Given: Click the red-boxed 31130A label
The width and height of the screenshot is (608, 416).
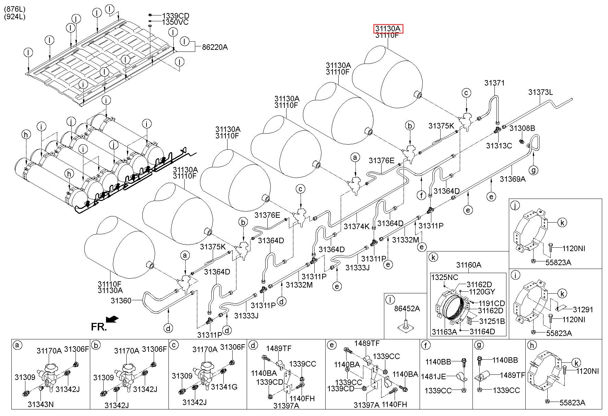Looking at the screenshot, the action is (388, 29).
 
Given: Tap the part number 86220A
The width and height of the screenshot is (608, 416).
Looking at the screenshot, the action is (215, 47).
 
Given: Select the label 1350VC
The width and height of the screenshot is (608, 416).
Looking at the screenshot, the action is (176, 22).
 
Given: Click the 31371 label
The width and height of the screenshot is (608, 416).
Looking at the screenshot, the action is (494, 83).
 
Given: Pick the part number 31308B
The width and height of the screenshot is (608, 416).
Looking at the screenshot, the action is (522, 128).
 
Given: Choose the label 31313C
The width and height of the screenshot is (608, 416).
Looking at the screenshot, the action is (499, 146).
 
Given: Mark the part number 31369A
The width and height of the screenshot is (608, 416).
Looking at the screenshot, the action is (513, 179).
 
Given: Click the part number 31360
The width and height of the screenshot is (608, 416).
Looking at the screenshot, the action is (121, 301).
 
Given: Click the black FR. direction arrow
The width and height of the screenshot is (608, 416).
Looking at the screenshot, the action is (112, 319).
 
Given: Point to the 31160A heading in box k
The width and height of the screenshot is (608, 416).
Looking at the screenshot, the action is (469, 265).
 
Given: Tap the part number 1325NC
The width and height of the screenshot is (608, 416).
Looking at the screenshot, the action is (445, 277).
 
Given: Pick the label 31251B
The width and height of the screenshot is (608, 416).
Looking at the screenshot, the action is (492, 321).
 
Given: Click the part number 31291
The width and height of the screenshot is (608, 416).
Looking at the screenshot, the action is (583, 310).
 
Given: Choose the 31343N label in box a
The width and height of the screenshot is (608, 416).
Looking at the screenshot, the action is (41, 404).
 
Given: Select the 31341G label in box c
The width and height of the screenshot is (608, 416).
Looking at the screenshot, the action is (224, 387).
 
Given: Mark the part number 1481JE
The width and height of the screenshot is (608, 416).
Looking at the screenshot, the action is (434, 376).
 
